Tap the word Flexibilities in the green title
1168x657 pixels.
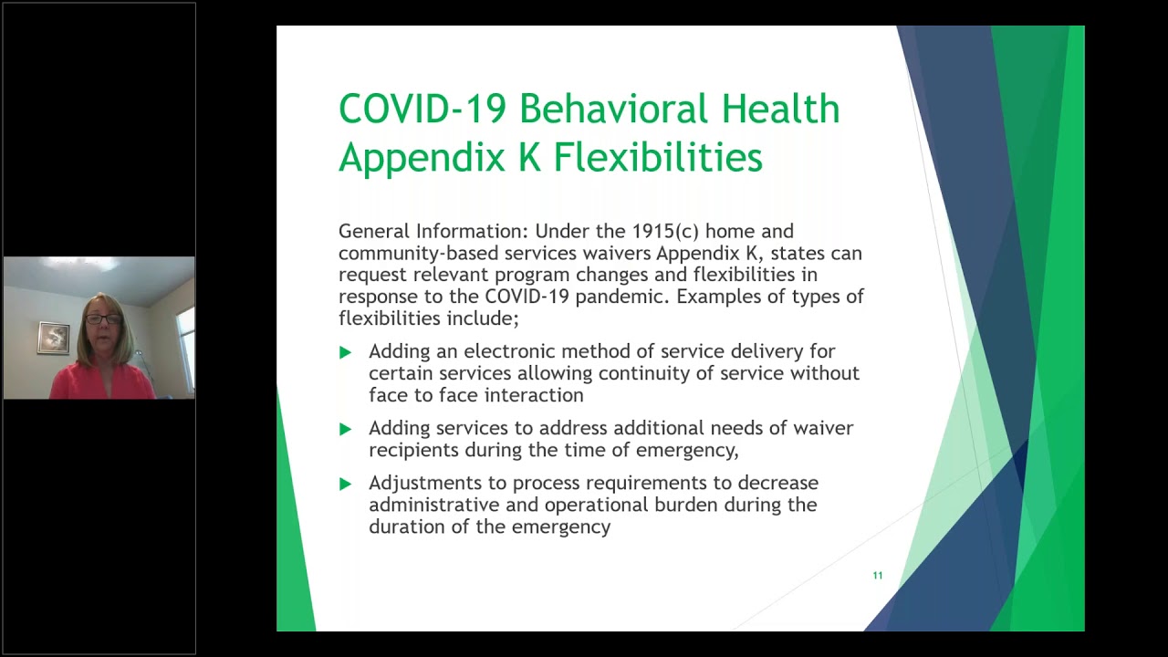coord(658,157)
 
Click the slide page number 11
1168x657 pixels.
coord(878,576)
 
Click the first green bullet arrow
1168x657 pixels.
coord(345,352)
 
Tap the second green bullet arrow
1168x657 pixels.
coord(345,429)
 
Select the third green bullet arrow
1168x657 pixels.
coord(345,484)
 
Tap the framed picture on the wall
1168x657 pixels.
coord(53,338)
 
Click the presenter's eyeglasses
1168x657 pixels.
coord(104,319)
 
